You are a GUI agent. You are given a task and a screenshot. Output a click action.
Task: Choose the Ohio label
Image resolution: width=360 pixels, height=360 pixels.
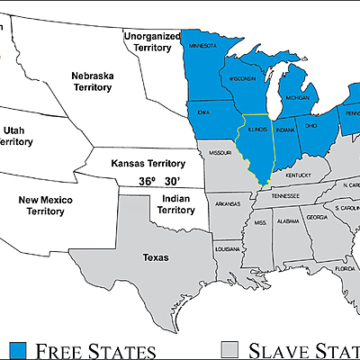point(311,127)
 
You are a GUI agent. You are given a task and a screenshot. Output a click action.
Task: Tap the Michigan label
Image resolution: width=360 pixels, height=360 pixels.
point(297,97)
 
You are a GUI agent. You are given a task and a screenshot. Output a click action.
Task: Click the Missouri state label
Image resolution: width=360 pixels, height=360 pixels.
point(220,154)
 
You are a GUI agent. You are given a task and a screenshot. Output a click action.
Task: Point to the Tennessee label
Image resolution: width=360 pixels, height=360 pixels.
point(287,195)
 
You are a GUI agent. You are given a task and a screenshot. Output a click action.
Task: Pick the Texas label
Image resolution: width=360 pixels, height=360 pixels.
point(155,257)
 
